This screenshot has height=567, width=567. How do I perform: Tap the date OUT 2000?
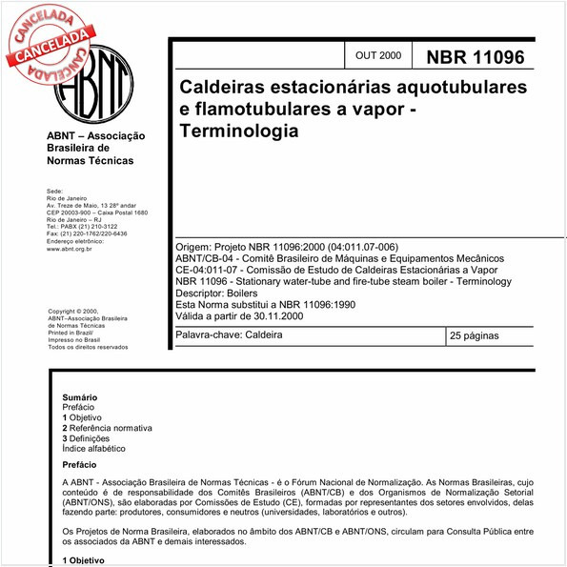[377, 57]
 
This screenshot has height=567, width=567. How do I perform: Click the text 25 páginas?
[475, 336]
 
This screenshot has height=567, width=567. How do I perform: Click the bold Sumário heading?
[79, 396]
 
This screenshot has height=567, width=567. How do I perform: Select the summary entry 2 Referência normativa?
[108, 428]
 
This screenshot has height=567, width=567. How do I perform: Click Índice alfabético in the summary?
[93, 449]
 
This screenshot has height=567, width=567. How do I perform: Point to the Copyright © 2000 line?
[73, 311]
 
